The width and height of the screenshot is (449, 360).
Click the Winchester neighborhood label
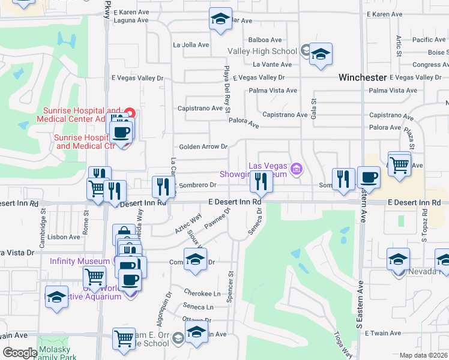(363, 77)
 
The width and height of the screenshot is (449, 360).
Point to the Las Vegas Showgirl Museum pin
(295, 170)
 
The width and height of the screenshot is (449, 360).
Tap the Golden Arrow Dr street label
(203, 146)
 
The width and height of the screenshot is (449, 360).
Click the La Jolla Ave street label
(191, 44)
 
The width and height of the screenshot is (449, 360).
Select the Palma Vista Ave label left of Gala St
(274, 91)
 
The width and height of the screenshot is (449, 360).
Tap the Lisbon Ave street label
(66, 237)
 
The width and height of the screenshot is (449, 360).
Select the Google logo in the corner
(20, 353)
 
